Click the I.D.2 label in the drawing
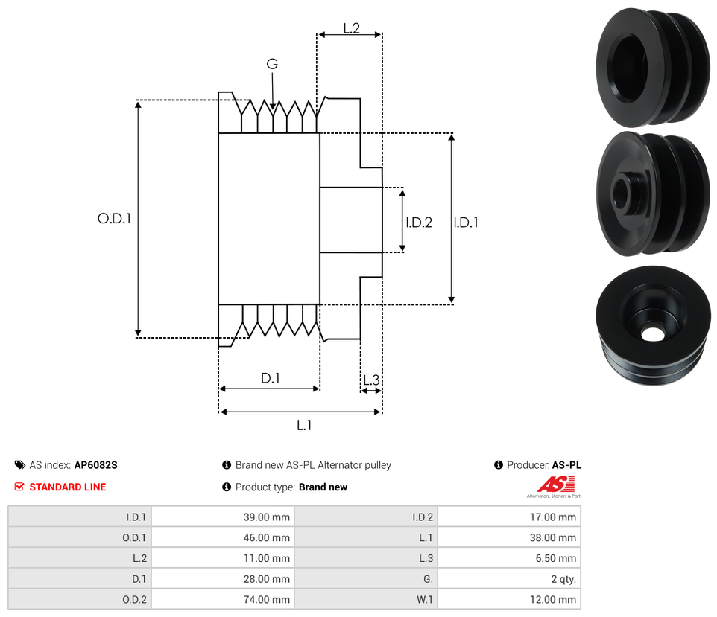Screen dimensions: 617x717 pyautogui.click(x=419, y=222)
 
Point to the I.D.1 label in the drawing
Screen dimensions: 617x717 pyautogui.click(x=466, y=222)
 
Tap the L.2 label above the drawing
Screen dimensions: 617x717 pyautogui.click(x=352, y=28)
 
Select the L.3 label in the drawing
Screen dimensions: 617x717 pyautogui.click(x=370, y=381)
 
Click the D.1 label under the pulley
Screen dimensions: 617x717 pyautogui.click(x=270, y=378)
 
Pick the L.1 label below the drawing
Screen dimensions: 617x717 pyautogui.click(x=304, y=425)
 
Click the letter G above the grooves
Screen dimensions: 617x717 pyautogui.click(x=272, y=65)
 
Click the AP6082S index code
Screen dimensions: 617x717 pyautogui.click(x=96, y=465)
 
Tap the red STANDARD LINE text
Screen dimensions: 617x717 pyautogui.click(x=68, y=487)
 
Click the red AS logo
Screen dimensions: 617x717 pyautogui.click(x=555, y=485)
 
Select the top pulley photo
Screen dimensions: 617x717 pyautogui.click(x=653, y=67)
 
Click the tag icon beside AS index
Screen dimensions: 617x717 pyautogui.click(x=20, y=465)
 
